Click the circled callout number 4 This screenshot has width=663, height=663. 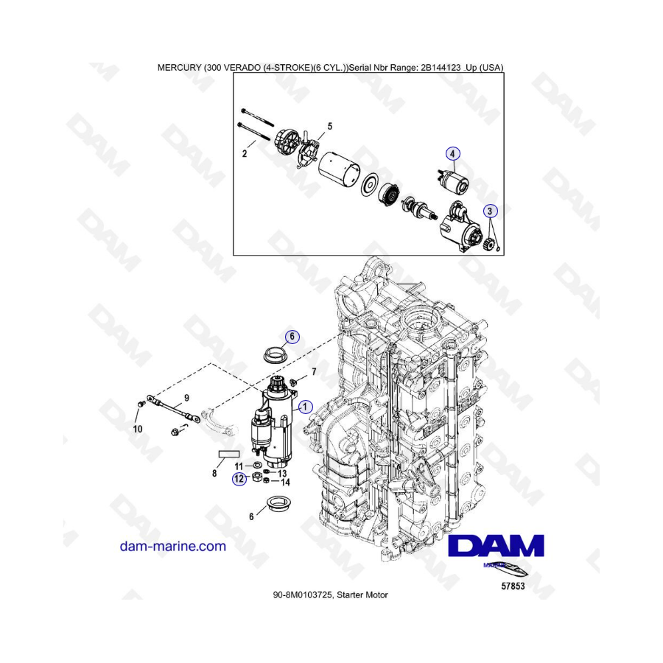452,154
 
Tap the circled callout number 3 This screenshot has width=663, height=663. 490,211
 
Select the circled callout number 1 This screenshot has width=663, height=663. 305,407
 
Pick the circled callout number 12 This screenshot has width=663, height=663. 239,479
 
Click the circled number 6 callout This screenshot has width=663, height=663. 292,337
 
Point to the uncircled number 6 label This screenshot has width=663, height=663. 251,516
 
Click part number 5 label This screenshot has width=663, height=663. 330,127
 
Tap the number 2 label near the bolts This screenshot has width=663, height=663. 245,154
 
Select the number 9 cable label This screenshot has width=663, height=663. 186,398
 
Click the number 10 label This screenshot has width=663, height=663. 138,429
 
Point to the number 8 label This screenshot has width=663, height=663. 214,474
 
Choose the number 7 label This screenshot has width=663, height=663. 314,372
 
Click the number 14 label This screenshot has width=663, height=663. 285,482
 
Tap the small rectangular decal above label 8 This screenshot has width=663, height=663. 229,454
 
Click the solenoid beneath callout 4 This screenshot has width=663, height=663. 452,180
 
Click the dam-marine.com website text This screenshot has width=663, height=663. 173,547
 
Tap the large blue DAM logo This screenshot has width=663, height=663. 496,546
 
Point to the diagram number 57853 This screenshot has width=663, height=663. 513,586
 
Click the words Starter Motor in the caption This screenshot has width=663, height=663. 362,595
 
